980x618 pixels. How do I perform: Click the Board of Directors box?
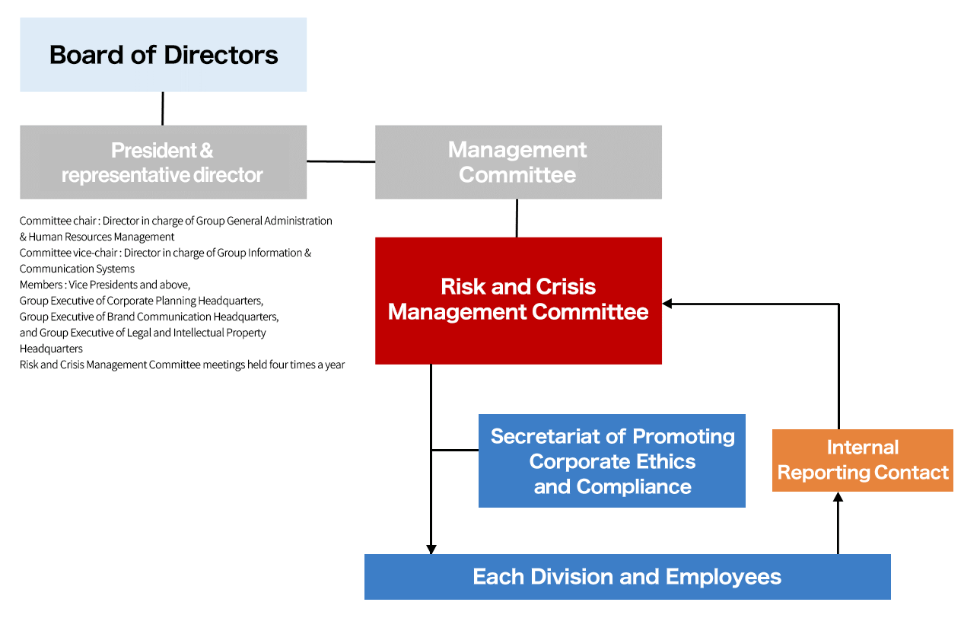click(x=163, y=55)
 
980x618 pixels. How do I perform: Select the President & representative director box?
click(x=163, y=162)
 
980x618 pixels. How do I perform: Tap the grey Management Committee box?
click(x=518, y=162)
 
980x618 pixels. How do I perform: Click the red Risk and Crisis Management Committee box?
click(x=518, y=300)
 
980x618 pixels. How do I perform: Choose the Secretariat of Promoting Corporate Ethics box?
click(x=612, y=460)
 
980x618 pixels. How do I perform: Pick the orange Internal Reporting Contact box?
click(x=862, y=460)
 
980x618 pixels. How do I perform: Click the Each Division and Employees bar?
click(x=627, y=576)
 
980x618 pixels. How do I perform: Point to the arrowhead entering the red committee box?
click(x=667, y=304)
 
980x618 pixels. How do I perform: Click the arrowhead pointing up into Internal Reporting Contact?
click(x=838, y=497)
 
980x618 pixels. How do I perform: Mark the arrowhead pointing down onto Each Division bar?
click(x=431, y=549)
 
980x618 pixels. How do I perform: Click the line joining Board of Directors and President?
click(x=163, y=108)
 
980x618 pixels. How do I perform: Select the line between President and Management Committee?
click(x=341, y=161)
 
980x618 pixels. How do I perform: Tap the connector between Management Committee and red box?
click(x=517, y=218)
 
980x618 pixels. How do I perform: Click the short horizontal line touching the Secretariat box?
click(x=455, y=450)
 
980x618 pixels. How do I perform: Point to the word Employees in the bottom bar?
click(x=723, y=576)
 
